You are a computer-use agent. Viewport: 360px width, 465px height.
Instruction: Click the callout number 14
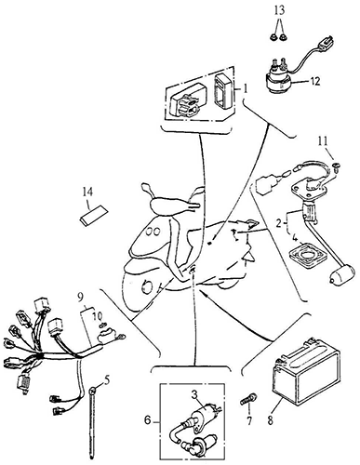(87, 193)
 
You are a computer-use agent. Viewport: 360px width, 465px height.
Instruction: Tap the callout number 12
(314, 82)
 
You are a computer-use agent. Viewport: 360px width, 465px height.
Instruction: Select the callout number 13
(279, 10)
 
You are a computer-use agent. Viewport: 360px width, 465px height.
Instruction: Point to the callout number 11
(323, 141)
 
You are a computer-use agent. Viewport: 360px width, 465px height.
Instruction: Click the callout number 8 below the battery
(270, 420)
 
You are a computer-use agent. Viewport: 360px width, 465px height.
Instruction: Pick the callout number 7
(249, 420)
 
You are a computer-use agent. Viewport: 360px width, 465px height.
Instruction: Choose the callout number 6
(148, 420)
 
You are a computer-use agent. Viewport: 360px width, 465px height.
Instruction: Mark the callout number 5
(107, 381)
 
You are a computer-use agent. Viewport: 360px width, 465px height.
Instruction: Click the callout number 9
(81, 299)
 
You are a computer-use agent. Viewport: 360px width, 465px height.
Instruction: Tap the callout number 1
(245, 89)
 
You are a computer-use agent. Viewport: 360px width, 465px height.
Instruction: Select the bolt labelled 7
(248, 400)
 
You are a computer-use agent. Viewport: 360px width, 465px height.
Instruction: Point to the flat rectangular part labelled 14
(93, 213)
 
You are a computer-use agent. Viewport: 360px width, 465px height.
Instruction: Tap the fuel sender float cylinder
(341, 274)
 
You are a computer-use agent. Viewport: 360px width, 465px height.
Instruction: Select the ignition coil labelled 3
(205, 416)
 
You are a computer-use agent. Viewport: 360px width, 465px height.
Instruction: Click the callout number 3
(194, 394)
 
